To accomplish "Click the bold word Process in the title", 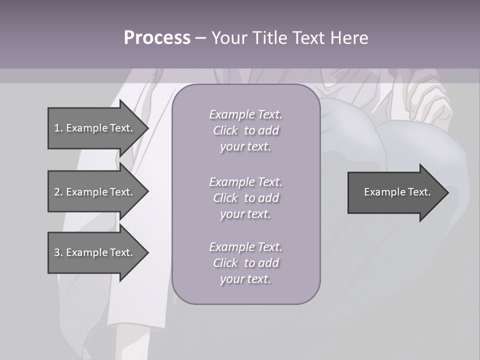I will pos(157,38).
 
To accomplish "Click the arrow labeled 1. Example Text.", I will pos(95,128).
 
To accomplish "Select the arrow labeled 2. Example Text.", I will pos(95,192).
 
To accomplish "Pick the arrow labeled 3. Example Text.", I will pos(95,252).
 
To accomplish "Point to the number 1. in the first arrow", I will pos(58,128).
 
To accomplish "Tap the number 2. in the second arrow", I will pos(58,192).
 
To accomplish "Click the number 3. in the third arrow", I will pos(58,252).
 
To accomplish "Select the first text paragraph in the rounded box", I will pos(245,130).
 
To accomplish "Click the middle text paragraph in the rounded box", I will pos(245,197).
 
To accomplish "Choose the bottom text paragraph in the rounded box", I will pos(245,263).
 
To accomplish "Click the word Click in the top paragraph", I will pos(225,130).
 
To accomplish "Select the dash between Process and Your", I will pos(201,38).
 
